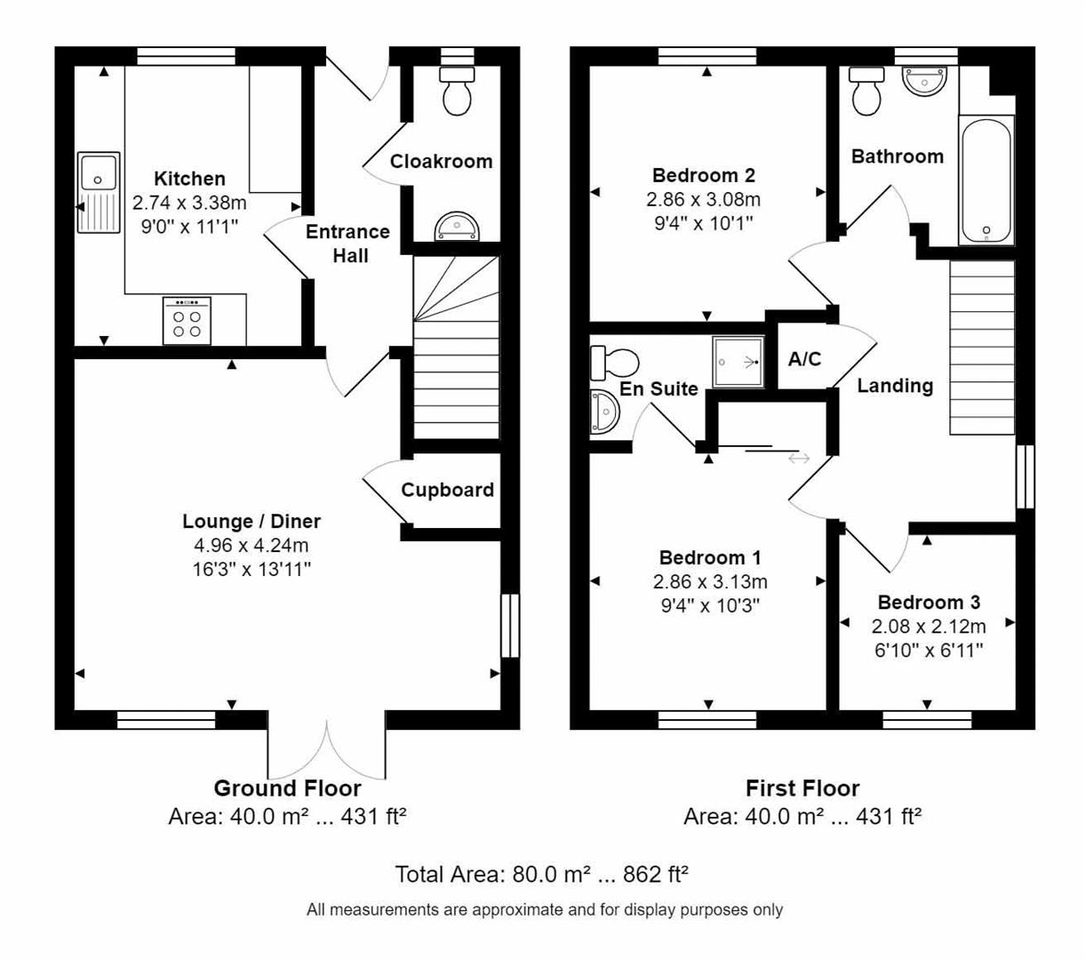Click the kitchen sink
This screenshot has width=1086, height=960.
99,192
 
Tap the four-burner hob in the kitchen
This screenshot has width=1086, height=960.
187,321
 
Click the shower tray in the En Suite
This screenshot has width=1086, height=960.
738,362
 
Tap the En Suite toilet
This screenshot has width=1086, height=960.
614,363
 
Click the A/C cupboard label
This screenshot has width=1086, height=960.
805,359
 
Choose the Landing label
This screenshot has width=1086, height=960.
895,386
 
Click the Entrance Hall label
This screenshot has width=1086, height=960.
347,244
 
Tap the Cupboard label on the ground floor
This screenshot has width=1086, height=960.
447,490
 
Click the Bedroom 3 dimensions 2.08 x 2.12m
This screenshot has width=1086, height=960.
929,627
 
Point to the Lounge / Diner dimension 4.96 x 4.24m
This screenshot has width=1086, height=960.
252,546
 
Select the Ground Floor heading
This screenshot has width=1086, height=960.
287,788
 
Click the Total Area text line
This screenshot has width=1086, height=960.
542,875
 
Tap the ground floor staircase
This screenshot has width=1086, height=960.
456,347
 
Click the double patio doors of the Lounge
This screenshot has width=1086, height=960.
327,751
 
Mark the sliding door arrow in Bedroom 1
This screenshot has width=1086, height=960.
798,459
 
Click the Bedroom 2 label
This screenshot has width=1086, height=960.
703,175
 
